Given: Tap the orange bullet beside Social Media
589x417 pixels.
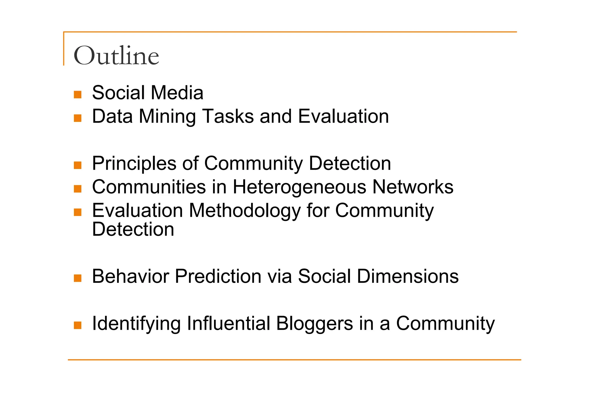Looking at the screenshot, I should pyautogui.click(x=78, y=94).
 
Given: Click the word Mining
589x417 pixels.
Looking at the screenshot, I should pyautogui.click(x=167, y=116).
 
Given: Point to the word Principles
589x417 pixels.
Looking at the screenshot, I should pyautogui.click(x=134, y=164).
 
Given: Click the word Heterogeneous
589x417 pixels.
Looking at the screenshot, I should pyautogui.click(x=299, y=187).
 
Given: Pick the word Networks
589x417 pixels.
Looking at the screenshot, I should pyautogui.click(x=413, y=187).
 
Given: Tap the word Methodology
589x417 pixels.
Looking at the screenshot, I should pyautogui.click(x=245, y=211).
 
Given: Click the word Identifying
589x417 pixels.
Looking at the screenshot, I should pyautogui.click(x=136, y=324).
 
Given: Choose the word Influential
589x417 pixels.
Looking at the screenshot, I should pyautogui.click(x=229, y=324).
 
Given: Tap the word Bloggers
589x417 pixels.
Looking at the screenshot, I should pyautogui.click(x=314, y=324).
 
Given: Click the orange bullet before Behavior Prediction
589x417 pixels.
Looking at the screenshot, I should pyautogui.click(x=78, y=278).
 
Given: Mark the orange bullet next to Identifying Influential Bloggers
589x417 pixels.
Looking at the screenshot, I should pyautogui.click(x=78, y=325).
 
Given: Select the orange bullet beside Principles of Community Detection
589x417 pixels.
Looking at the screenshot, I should pyautogui.click(x=78, y=165).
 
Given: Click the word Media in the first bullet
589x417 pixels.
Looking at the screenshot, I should pyautogui.click(x=177, y=93).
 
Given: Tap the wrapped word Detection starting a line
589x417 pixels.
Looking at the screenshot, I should pyautogui.click(x=133, y=230).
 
